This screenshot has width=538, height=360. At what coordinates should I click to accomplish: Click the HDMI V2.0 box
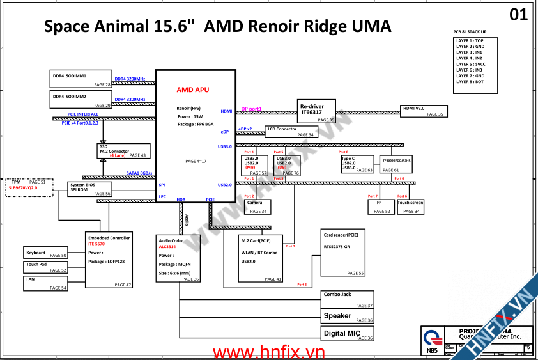[422, 110]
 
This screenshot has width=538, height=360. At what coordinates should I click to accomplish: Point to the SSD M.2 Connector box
[122, 150]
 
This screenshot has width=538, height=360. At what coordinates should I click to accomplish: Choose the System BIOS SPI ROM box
[90, 189]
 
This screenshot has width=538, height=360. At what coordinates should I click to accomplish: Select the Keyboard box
[45, 253]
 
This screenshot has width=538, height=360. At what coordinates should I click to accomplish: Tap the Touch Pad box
[45, 267]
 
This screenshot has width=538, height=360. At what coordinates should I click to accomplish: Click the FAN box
[45, 283]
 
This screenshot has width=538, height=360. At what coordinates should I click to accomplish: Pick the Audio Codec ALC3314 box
[178, 258]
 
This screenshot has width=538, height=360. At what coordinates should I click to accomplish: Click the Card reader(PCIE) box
[344, 253]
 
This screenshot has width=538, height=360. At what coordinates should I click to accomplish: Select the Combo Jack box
[348, 299]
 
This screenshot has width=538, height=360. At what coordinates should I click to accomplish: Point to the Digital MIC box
[348, 333]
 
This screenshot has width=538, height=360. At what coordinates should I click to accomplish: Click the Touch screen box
[410, 207]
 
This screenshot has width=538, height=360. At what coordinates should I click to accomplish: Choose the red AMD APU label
[193, 90]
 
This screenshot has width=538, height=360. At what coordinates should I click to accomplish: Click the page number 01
[519, 15]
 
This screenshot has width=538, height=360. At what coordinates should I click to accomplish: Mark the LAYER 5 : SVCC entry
[470, 64]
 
